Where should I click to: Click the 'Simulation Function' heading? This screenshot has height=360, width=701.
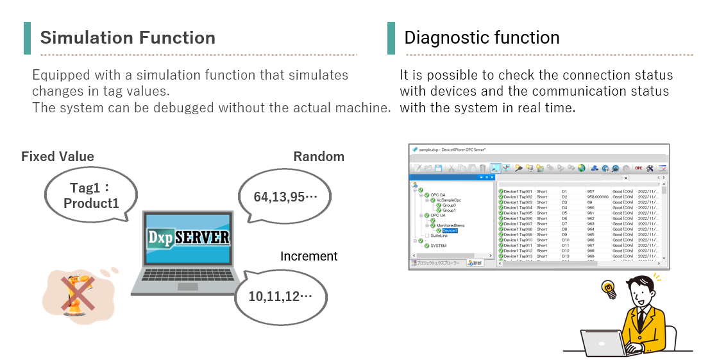128,37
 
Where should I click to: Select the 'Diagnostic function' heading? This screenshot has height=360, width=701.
482,37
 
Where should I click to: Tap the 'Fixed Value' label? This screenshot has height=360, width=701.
58,157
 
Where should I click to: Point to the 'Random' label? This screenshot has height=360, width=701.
319,157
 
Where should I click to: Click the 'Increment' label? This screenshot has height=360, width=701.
308,256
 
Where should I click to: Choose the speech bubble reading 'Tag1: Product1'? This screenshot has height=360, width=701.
91,195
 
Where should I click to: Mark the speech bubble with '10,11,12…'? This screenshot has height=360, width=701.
280,296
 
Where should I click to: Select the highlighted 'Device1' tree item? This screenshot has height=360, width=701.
450,230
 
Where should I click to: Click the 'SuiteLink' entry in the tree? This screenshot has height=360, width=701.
439,236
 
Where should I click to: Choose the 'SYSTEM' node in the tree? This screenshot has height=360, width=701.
439,246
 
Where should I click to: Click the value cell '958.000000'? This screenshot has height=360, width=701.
596,197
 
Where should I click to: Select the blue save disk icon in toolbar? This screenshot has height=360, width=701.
439,168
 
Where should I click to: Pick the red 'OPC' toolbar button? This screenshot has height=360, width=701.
638,168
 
